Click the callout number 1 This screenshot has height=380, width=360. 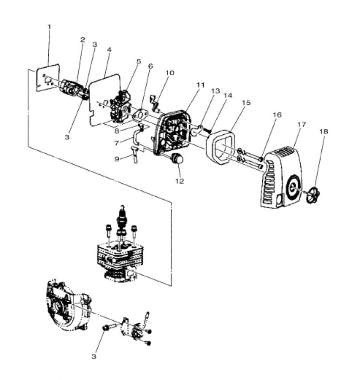[49, 27]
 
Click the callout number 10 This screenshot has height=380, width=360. [170, 73]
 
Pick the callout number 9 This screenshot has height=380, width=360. [117, 159]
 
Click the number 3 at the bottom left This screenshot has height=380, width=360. [94, 357]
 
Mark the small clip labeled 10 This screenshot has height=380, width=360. [154, 104]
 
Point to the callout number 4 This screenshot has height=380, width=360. [109, 49]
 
